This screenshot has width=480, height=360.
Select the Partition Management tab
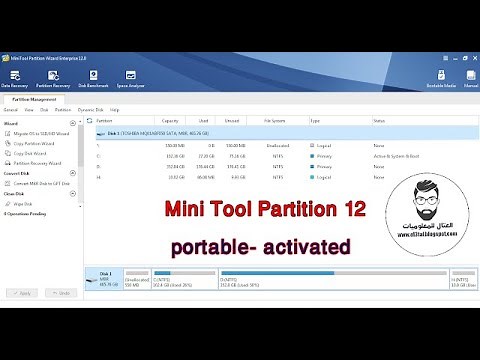[35, 99]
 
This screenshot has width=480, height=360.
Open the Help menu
[115, 109]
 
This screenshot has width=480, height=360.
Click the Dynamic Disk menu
[90, 109]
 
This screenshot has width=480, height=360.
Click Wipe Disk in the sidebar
[25, 203]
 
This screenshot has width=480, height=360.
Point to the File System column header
[277, 121]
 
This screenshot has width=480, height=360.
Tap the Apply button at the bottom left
[23, 292]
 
